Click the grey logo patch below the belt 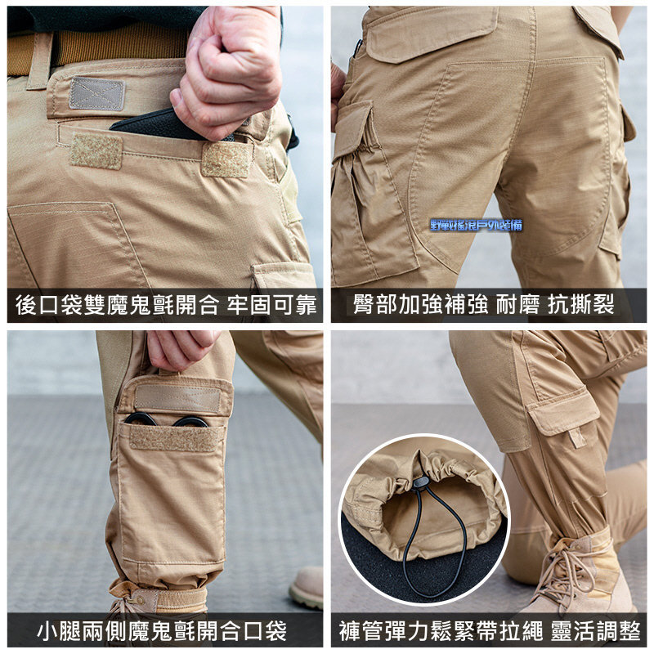97,94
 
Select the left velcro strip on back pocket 96,151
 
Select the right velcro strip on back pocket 226,159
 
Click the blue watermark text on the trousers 476,225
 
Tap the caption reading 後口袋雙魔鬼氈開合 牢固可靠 164,306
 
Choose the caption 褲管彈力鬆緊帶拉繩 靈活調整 488,630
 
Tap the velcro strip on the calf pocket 175,437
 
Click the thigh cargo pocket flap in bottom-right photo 564,413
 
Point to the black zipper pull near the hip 357,49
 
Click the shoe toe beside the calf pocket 306,589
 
